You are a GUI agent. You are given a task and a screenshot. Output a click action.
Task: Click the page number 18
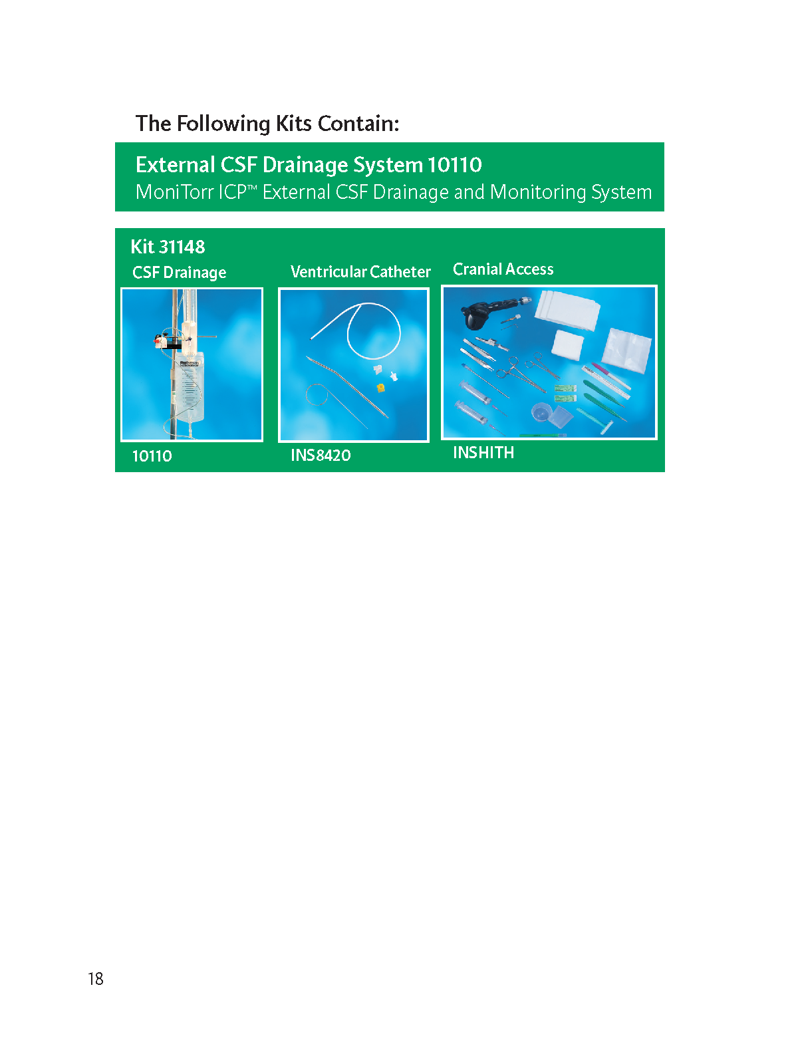point(96,978)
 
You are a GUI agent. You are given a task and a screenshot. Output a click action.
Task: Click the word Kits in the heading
point(293,124)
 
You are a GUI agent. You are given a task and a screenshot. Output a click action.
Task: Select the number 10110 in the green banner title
point(454,165)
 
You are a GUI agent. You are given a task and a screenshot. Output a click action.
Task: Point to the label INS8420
point(321,455)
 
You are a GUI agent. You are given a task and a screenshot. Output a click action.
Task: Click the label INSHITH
point(483,452)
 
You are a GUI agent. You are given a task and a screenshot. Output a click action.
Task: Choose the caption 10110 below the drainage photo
point(152,456)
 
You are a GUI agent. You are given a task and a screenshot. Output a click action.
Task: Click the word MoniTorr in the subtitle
point(174,192)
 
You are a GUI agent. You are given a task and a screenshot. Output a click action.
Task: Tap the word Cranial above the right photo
point(477,269)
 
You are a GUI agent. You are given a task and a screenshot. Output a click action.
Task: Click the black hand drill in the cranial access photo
point(487,311)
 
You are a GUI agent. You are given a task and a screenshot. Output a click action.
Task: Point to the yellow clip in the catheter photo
point(381,387)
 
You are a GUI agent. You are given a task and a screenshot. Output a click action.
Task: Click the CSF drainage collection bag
point(188,388)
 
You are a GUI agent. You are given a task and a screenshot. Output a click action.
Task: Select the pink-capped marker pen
point(610,375)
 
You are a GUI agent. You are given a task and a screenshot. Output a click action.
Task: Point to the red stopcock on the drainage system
point(158,341)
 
